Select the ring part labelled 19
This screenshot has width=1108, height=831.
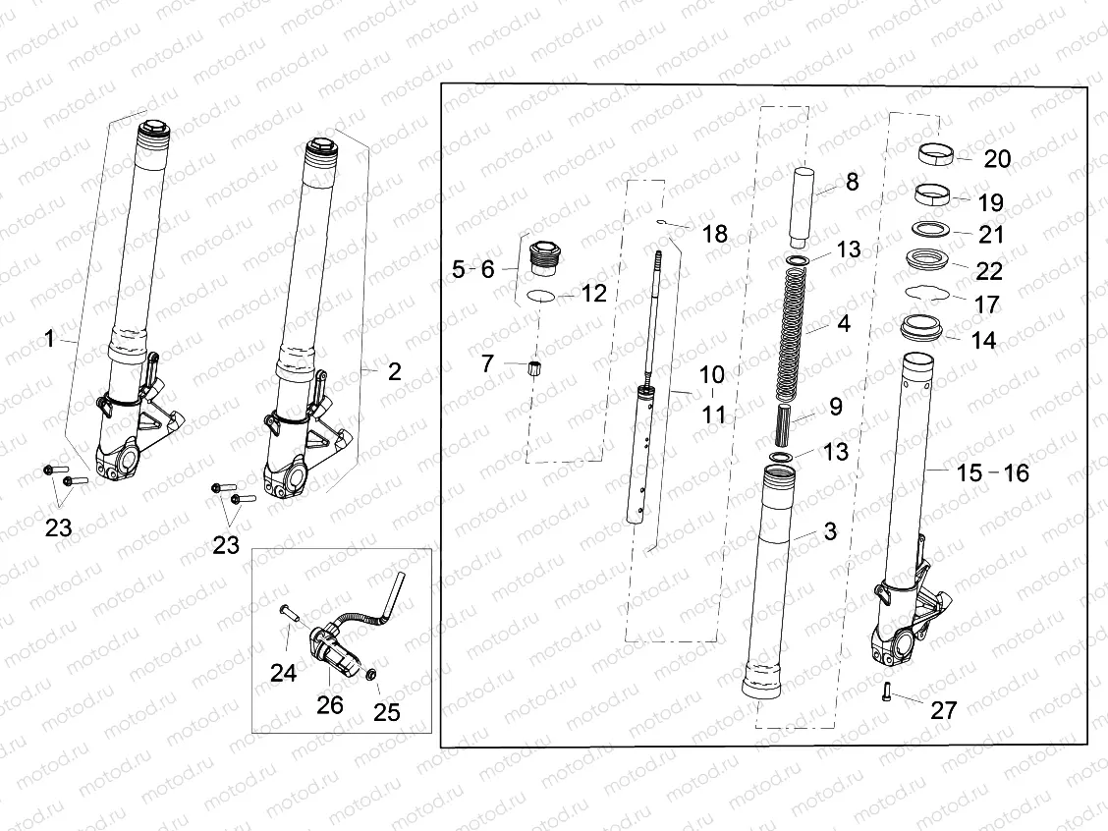[x=937, y=192]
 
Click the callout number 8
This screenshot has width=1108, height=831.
[x=851, y=182]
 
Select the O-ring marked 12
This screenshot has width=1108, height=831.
[x=543, y=296]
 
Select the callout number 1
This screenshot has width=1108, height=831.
[x=49, y=340]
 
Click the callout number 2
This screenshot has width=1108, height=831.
[x=394, y=371]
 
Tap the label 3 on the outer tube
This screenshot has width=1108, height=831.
[x=830, y=531]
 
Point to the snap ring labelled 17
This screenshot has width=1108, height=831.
[x=927, y=293]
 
